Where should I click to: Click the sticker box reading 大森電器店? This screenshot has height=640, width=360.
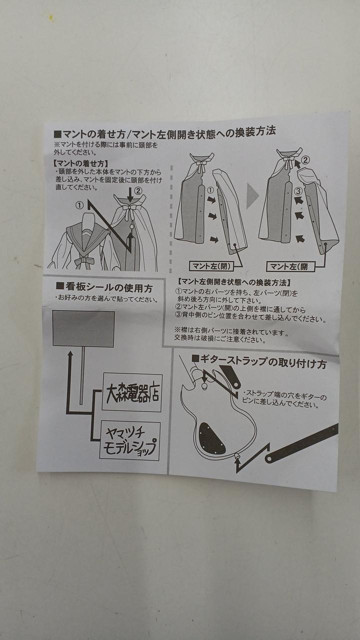coord(132,392)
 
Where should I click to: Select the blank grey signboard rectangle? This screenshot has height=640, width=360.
coord(83,329)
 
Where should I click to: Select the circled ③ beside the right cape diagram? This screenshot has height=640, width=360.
coord(298,190)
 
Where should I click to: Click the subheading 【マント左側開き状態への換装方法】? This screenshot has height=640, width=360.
coord(233,282)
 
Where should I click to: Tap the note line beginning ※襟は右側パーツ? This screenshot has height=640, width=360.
coord(231,332)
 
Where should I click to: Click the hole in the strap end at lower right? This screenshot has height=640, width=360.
coord(268,459)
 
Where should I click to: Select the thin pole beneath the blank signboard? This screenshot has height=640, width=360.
coord(82,375)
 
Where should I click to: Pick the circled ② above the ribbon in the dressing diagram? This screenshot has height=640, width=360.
coord(137,191)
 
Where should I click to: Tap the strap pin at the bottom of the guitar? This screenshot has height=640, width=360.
coord(236,455)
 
